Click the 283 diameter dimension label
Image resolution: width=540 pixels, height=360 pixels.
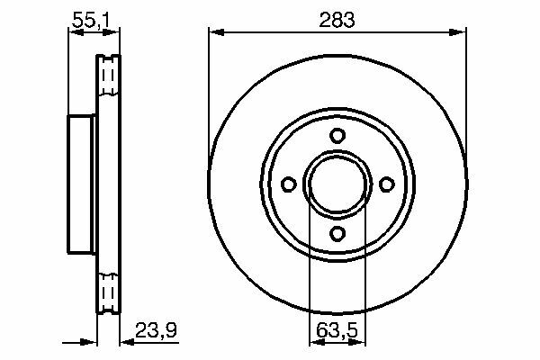pos(337,20)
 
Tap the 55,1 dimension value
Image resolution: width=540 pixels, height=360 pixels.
pos(91,21)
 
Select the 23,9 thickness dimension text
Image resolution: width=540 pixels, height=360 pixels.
pos(156,329)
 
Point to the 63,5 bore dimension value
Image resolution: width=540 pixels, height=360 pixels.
pos(337,330)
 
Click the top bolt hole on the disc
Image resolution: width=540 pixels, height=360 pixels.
pos(337,135)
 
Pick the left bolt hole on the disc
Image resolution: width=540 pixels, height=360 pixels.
pos(289,184)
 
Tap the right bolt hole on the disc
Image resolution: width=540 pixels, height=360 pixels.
pos(386,184)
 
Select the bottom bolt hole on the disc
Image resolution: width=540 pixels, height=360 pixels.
pos(337,233)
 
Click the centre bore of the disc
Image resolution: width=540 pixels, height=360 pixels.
pos(337,184)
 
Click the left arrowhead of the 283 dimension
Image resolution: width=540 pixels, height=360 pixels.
pos(217,32)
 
